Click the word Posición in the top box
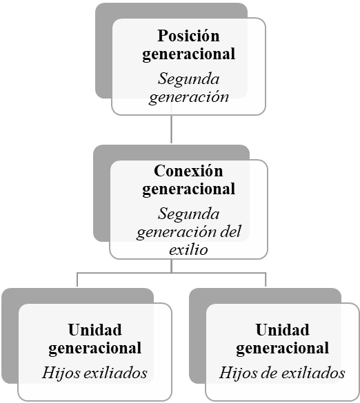tap(188, 35)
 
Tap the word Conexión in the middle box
tap(188, 171)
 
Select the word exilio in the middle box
tap(188, 249)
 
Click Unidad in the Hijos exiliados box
tap(94, 330)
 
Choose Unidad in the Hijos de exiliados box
tap(282, 330)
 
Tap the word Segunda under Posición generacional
tap(188, 79)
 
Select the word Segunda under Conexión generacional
tap(188, 214)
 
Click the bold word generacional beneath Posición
tap(188, 54)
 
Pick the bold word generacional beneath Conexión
tap(188, 189)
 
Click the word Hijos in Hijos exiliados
tap(61, 373)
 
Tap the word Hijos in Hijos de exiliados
tap(238, 373)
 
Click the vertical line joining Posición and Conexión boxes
tap(172, 129)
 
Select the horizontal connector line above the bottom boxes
tap(172, 273)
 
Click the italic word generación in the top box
tap(188, 98)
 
